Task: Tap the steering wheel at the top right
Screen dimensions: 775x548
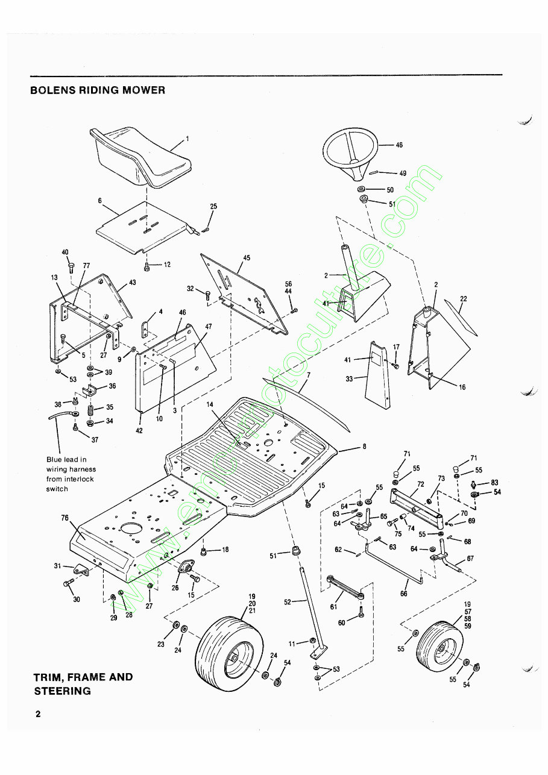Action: [350, 151]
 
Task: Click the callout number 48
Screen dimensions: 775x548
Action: [399, 145]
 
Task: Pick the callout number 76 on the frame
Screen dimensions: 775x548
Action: [65, 517]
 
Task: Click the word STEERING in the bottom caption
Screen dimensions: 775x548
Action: [62, 691]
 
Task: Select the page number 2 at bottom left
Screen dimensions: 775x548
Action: [38, 714]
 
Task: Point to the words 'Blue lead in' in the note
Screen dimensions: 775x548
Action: [66, 459]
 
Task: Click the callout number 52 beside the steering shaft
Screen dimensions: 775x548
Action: [287, 601]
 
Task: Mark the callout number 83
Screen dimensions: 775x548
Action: [494, 482]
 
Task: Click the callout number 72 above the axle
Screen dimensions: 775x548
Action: [420, 484]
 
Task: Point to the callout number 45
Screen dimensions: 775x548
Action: [247, 258]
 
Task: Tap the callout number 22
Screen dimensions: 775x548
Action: [463, 298]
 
